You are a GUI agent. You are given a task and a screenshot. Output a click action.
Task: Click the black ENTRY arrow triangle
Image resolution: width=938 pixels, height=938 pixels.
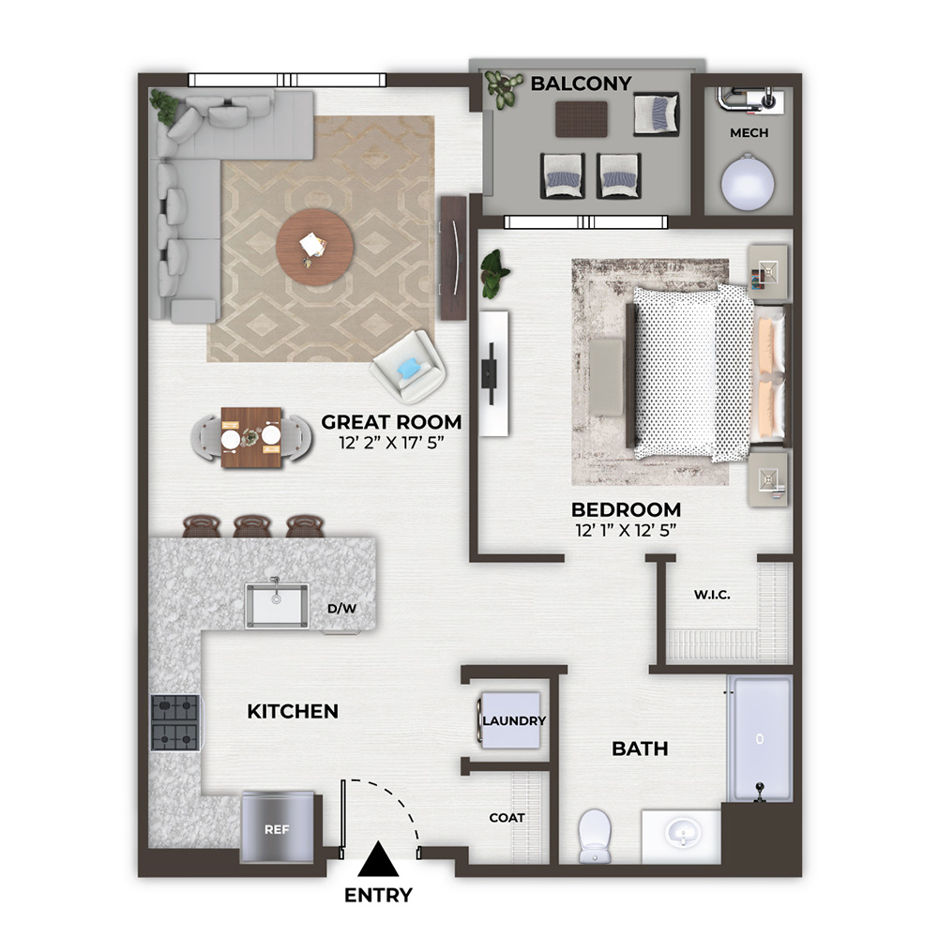[378, 859]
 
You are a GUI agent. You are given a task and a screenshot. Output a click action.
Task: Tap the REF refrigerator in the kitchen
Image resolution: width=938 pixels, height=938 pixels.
[277, 827]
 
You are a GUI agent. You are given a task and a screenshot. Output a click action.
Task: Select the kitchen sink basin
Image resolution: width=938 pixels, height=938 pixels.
[277, 605]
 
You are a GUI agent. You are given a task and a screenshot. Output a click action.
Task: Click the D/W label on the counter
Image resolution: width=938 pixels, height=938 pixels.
[341, 609]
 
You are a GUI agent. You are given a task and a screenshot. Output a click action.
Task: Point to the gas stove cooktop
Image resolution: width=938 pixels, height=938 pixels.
[175, 722]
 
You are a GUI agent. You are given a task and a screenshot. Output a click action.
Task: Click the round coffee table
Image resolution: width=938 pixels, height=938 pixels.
[314, 247]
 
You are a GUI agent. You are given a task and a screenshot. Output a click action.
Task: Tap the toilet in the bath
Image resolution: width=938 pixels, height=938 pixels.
[595, 836]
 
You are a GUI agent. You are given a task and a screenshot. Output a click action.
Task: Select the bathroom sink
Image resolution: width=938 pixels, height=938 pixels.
[681, 835]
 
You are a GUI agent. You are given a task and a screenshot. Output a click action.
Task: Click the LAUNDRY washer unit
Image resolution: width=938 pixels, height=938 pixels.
[510, 720]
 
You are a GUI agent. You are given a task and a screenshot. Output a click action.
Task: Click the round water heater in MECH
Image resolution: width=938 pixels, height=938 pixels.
[748, 182]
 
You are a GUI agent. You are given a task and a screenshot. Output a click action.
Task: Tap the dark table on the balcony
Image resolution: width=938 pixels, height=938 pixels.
[582, 119]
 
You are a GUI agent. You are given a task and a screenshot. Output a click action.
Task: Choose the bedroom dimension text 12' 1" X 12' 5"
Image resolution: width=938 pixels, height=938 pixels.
[626, 530]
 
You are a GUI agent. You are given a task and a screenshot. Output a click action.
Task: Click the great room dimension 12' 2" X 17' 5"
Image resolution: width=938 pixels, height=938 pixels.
[391, 443]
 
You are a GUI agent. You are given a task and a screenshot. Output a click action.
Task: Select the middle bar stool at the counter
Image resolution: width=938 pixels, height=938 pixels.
[252, 526]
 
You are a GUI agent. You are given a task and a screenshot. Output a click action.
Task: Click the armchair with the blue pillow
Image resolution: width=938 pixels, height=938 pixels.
[409, 367]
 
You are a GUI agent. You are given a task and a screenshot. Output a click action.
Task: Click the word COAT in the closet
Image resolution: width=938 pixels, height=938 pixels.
[507, 818]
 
